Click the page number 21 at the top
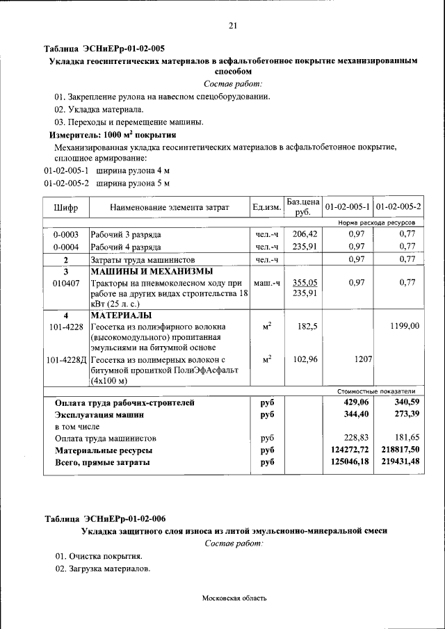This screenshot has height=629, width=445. (x=233, y=26)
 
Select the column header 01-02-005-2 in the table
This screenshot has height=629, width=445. (x=398, y=206)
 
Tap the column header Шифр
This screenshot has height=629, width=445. (x=66, y=207)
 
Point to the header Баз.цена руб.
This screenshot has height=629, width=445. (x=302, y=206)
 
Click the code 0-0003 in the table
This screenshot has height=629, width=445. (x=66, y=234)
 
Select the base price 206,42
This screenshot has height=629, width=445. (x=305, y=234)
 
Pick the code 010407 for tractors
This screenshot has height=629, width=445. (x=66, y=283)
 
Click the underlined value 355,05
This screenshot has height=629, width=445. (x=305, y=283)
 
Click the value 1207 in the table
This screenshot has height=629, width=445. (x=361, y=360)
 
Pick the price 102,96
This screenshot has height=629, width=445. (x=305, y=360)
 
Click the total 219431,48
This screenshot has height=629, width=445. (x=400, y=463)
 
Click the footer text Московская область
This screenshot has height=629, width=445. (x=234, y=598)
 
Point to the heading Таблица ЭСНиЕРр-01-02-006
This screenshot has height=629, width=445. (x=105, y=518)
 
